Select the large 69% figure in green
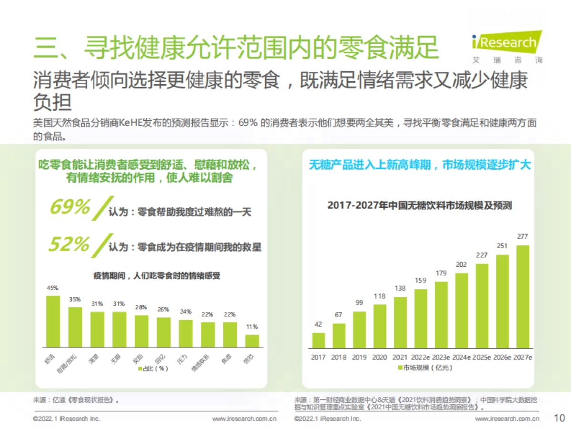click(70, 207)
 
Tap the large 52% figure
click(69, 244)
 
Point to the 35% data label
click(75, 300)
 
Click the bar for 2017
click(318, 340)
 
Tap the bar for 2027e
click(522, 297)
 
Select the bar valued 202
click(462, 311)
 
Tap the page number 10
click(560, 418)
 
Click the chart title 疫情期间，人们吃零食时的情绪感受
click(157, 275)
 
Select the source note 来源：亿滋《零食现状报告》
click(76, 400)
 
